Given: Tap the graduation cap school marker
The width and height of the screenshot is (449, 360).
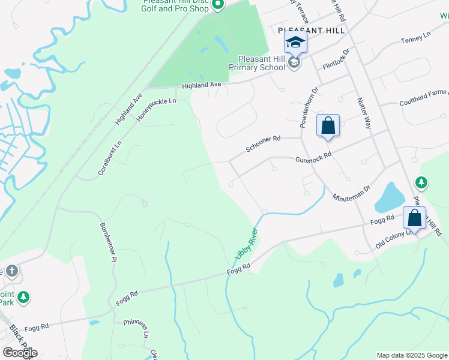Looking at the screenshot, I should click(295, 42).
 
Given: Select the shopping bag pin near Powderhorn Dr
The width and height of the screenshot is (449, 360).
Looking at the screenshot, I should click(328, 125).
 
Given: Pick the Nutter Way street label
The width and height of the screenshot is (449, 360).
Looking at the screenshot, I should click(364, 113).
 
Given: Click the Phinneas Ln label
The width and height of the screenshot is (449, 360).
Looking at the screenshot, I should click(136, 331).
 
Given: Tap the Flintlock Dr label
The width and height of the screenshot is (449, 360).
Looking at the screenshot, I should click(336, 61).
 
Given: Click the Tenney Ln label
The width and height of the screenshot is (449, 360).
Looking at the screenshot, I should click(416, 38).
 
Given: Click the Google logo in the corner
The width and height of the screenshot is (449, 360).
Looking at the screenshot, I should click(19, 352).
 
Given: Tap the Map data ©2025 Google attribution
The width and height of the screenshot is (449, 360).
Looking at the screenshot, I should click(412, 355).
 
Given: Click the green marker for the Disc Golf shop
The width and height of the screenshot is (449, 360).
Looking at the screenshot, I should click(218, 5).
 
